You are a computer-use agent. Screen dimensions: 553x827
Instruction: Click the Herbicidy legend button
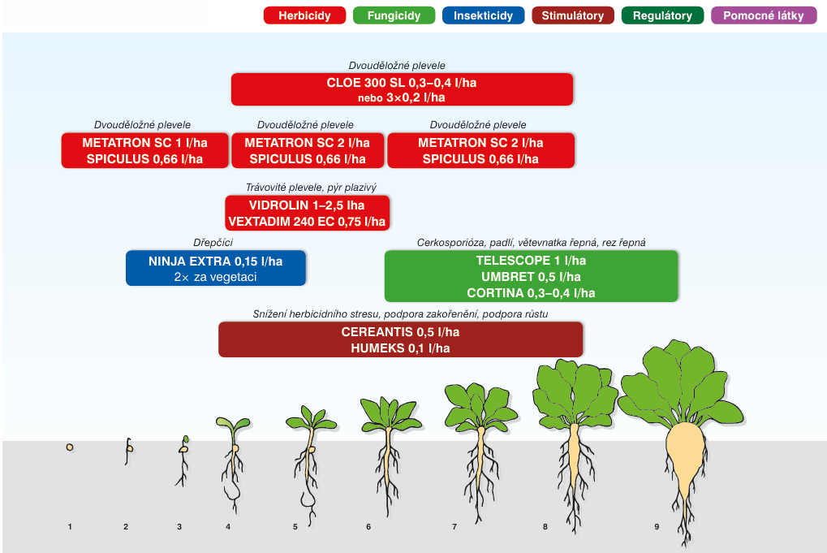(x=304, y=15)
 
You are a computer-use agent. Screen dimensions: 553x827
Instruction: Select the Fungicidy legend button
(x=394, y=15)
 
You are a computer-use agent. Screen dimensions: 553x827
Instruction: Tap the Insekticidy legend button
(x=483, y=15)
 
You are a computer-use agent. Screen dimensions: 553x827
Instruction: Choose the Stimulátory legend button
(x=572, y=15)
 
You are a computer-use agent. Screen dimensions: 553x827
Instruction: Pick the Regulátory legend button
(x=662, y=15)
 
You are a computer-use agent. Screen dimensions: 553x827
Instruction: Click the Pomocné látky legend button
(x=764, y=15)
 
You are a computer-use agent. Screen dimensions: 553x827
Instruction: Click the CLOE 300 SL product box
(x=402, y=89)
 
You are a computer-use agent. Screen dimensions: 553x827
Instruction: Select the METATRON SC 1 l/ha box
(x=144, y=151)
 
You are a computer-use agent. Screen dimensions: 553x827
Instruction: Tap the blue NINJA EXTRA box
(x=216, y=268)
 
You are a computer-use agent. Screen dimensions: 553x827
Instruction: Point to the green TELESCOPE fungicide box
(x=531, y=276)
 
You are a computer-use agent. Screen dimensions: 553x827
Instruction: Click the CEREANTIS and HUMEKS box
(x=400, y=339)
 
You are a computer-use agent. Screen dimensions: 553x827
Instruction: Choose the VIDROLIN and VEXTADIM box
(x=307, y=213)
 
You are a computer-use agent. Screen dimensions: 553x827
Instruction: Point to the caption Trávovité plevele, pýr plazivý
(x=311, y=187)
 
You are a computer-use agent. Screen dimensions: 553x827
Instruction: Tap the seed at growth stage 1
(x=71, y=447)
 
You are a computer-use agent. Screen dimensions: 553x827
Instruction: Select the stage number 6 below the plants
(x=368, y=527)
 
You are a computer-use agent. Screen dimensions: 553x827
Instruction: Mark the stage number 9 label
(x=656, y=527)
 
